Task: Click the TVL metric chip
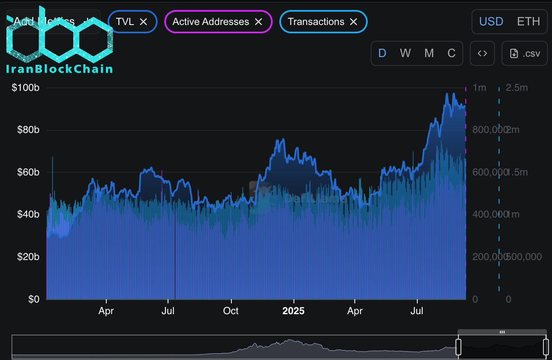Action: [125, 22]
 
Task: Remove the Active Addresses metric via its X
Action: [258, 22]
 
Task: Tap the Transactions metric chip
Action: [316, 22]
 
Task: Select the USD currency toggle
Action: [491, 21]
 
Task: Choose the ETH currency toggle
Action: [528, 21]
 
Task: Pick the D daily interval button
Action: [382, 53]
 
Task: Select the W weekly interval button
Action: [405, 53]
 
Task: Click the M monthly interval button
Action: [429, 53]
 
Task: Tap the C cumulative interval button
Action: [452, 53]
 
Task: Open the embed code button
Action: [482, 53]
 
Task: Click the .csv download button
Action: [524, 53]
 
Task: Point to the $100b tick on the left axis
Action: [25, 88]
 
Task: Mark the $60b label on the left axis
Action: [28, 172]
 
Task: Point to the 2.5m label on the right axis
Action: [517, 88]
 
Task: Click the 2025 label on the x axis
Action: [294, 311]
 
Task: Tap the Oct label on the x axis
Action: [231, 311]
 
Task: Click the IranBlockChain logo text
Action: [60, 69]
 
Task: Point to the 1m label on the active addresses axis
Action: [479, 88]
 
